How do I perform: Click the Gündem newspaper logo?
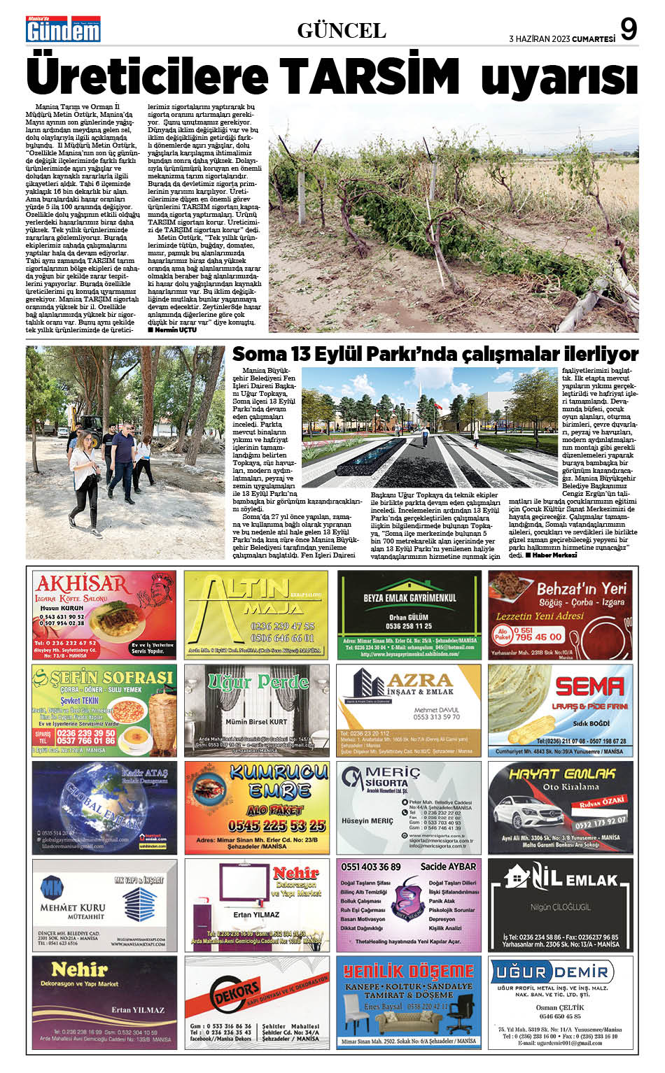[63, 29]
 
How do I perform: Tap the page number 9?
[629, 29]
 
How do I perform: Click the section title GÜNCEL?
[342, 30]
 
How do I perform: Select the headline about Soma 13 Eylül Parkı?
[435, 353]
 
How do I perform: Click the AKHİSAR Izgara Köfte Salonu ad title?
[82, 584]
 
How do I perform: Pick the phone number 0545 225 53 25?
[257, 825]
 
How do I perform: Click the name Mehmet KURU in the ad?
[72, 907]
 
